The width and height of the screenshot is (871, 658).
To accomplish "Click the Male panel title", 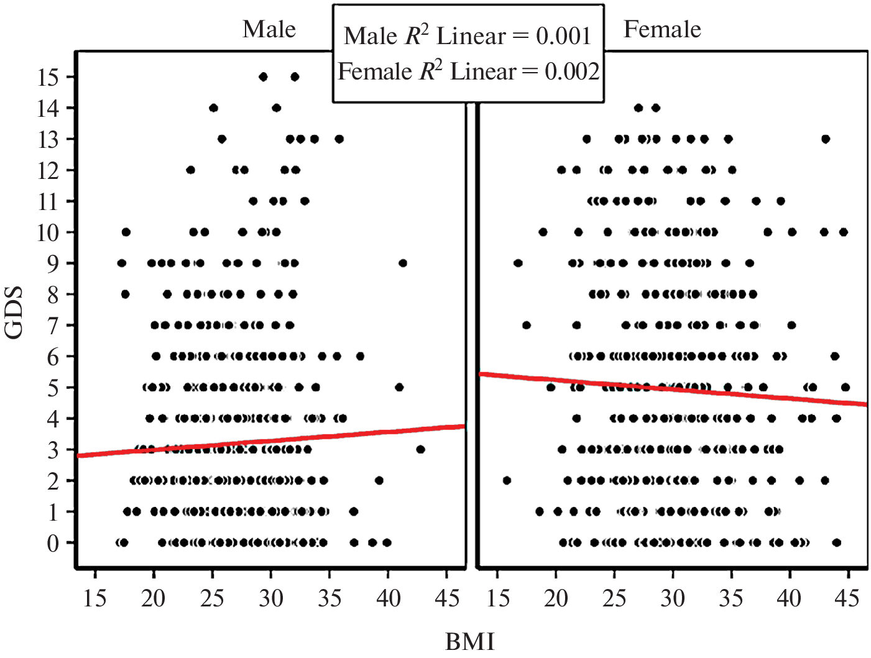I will [x=269, y=29].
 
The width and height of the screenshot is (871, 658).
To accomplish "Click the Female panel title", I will [x=662, y=29].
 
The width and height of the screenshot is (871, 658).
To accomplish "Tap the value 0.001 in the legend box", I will [x=563, y=36].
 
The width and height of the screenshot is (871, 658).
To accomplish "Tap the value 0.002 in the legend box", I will [x=572, y=71].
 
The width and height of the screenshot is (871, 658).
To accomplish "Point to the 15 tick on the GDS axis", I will [x=48, y=77].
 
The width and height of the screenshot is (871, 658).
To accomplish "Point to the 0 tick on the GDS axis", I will [x=53, y=543].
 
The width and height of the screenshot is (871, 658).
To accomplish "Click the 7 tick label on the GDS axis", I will [x=53, y=326].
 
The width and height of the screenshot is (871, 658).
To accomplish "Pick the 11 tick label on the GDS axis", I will [x=48, y=201].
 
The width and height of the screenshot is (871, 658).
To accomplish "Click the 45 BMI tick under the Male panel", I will [x=446, y=598].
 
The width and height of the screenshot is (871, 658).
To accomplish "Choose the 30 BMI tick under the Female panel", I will [x=673, y=598].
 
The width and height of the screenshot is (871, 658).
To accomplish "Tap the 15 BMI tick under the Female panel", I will [x=498, y=598].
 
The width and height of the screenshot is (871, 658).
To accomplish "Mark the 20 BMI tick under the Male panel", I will [x=153, y=598].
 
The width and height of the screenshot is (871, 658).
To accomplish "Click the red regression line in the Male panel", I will [x=271, y=441].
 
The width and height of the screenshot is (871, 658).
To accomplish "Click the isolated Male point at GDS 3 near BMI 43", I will [x=420, y=449].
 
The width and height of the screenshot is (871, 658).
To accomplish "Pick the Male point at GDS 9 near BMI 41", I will [x=403, y=263].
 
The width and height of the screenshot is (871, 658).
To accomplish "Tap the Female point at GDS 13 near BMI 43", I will [x=825, y=139].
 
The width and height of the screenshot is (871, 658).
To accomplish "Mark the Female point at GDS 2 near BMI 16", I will [x=507, y=480].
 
